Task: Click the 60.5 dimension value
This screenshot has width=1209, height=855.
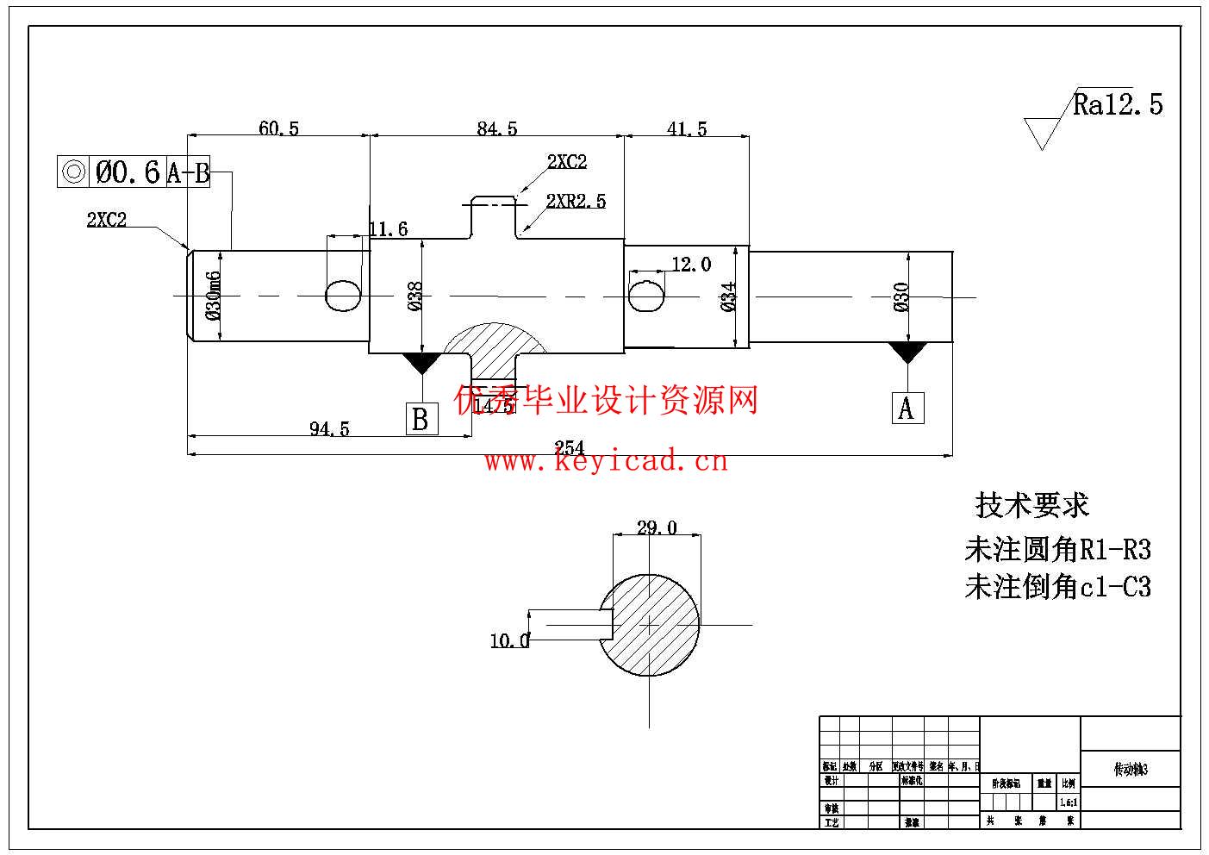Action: pyautogui.click(x=278, y=128)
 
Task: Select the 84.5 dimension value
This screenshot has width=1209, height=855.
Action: pyautogui.click(x=497, y=128)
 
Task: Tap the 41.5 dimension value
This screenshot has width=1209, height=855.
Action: pyautogui.click(x=687, y=128)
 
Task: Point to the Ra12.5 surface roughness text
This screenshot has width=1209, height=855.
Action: pyautogui.click(x=1118, y=104)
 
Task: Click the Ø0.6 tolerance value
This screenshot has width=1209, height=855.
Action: pyautogui.click(x=128, y=172)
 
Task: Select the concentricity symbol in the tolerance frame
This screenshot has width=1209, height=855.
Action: pyautogui.click(x=72, y=172)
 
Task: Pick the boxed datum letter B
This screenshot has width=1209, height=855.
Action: pyautogui.click(x=421, y=419)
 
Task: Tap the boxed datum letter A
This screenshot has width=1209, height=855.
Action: pyautogui.click(x=907, y=408)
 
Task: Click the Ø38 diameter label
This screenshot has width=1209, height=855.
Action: pyautogui.click(x=414, y=296)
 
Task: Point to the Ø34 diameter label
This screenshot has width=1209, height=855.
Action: pyautogui.click(x=729, y=296)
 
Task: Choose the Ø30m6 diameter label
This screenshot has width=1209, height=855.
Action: pyautogui.click(x=214, y=295)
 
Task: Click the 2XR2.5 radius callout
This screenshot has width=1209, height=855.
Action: pyautogui.click(x=576, y=202)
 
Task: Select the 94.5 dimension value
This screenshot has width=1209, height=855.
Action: pyautogui.click(x=329, y=428)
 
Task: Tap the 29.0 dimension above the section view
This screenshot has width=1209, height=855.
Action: pyautogui.click(x=657, y=527)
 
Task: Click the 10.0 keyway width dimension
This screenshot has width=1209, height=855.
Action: pyautogui.click(x=509, y=640)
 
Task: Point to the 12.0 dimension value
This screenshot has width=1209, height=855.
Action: pyautogui.click(x=691, y=265)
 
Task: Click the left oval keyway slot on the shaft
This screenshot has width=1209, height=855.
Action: pyautogui.click(x=343, y=295)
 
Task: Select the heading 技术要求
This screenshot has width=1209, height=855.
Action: pyautogui.click(x=1031, y=505)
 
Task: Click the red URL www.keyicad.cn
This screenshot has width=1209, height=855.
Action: pyautogui.click(x=606, y=462)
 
